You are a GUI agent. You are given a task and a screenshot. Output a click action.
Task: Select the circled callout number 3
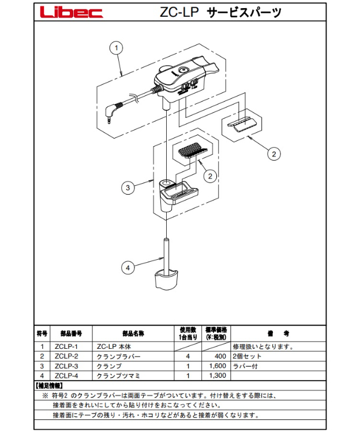click(x=128, y=187)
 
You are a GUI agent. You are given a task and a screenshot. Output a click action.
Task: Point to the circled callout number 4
click(x=128, y=267)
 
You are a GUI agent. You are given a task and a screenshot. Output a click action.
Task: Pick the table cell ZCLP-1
click(x=67, y=347)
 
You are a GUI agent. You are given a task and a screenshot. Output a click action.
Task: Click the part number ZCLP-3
click(x=67, y=366)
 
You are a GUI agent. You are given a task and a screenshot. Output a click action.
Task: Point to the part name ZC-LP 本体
click(x=110, y=347)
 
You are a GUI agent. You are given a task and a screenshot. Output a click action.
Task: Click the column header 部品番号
click(x=67, y=334)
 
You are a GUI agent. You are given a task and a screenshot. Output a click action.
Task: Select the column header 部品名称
click(x=133, y=334)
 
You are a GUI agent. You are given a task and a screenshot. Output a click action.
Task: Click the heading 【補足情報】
click(x=50, y=385)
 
